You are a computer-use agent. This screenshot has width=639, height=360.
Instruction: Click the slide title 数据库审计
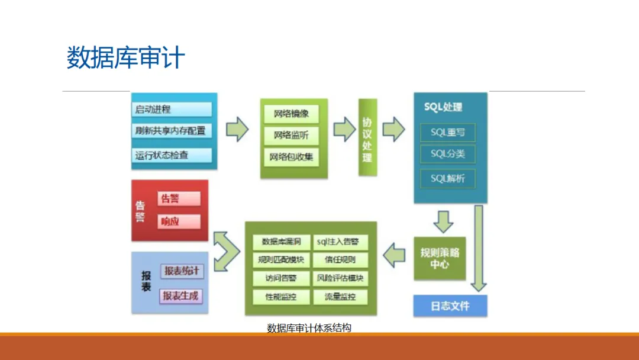(125, 59)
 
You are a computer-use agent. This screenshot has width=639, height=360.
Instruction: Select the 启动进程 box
(172, 110)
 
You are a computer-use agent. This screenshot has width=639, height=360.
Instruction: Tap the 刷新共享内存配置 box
(172, 131)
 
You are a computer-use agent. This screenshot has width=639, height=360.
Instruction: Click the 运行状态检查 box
(172, 156)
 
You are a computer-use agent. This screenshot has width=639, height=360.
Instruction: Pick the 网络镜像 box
(295, 114)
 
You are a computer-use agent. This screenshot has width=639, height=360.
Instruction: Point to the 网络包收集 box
(295, 157)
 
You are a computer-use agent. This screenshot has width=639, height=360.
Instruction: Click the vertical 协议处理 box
(367, 137)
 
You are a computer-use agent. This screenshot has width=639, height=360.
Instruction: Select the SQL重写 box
(448, 133)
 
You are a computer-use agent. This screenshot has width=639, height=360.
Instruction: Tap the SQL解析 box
(448, 178)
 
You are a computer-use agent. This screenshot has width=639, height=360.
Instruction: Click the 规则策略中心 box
(440, 258)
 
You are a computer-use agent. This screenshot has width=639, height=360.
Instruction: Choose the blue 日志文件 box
(450, 306)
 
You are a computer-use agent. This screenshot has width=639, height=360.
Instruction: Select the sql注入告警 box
(340, 242)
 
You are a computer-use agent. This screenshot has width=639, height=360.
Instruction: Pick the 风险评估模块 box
(340, 278)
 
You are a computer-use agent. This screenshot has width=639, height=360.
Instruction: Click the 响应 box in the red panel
(179, 222)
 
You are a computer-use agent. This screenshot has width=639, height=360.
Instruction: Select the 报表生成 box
(181, 296)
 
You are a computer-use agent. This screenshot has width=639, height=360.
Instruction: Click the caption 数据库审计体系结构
(309, 327)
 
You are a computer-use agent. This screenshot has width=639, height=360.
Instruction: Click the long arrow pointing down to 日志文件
(478, 249)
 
